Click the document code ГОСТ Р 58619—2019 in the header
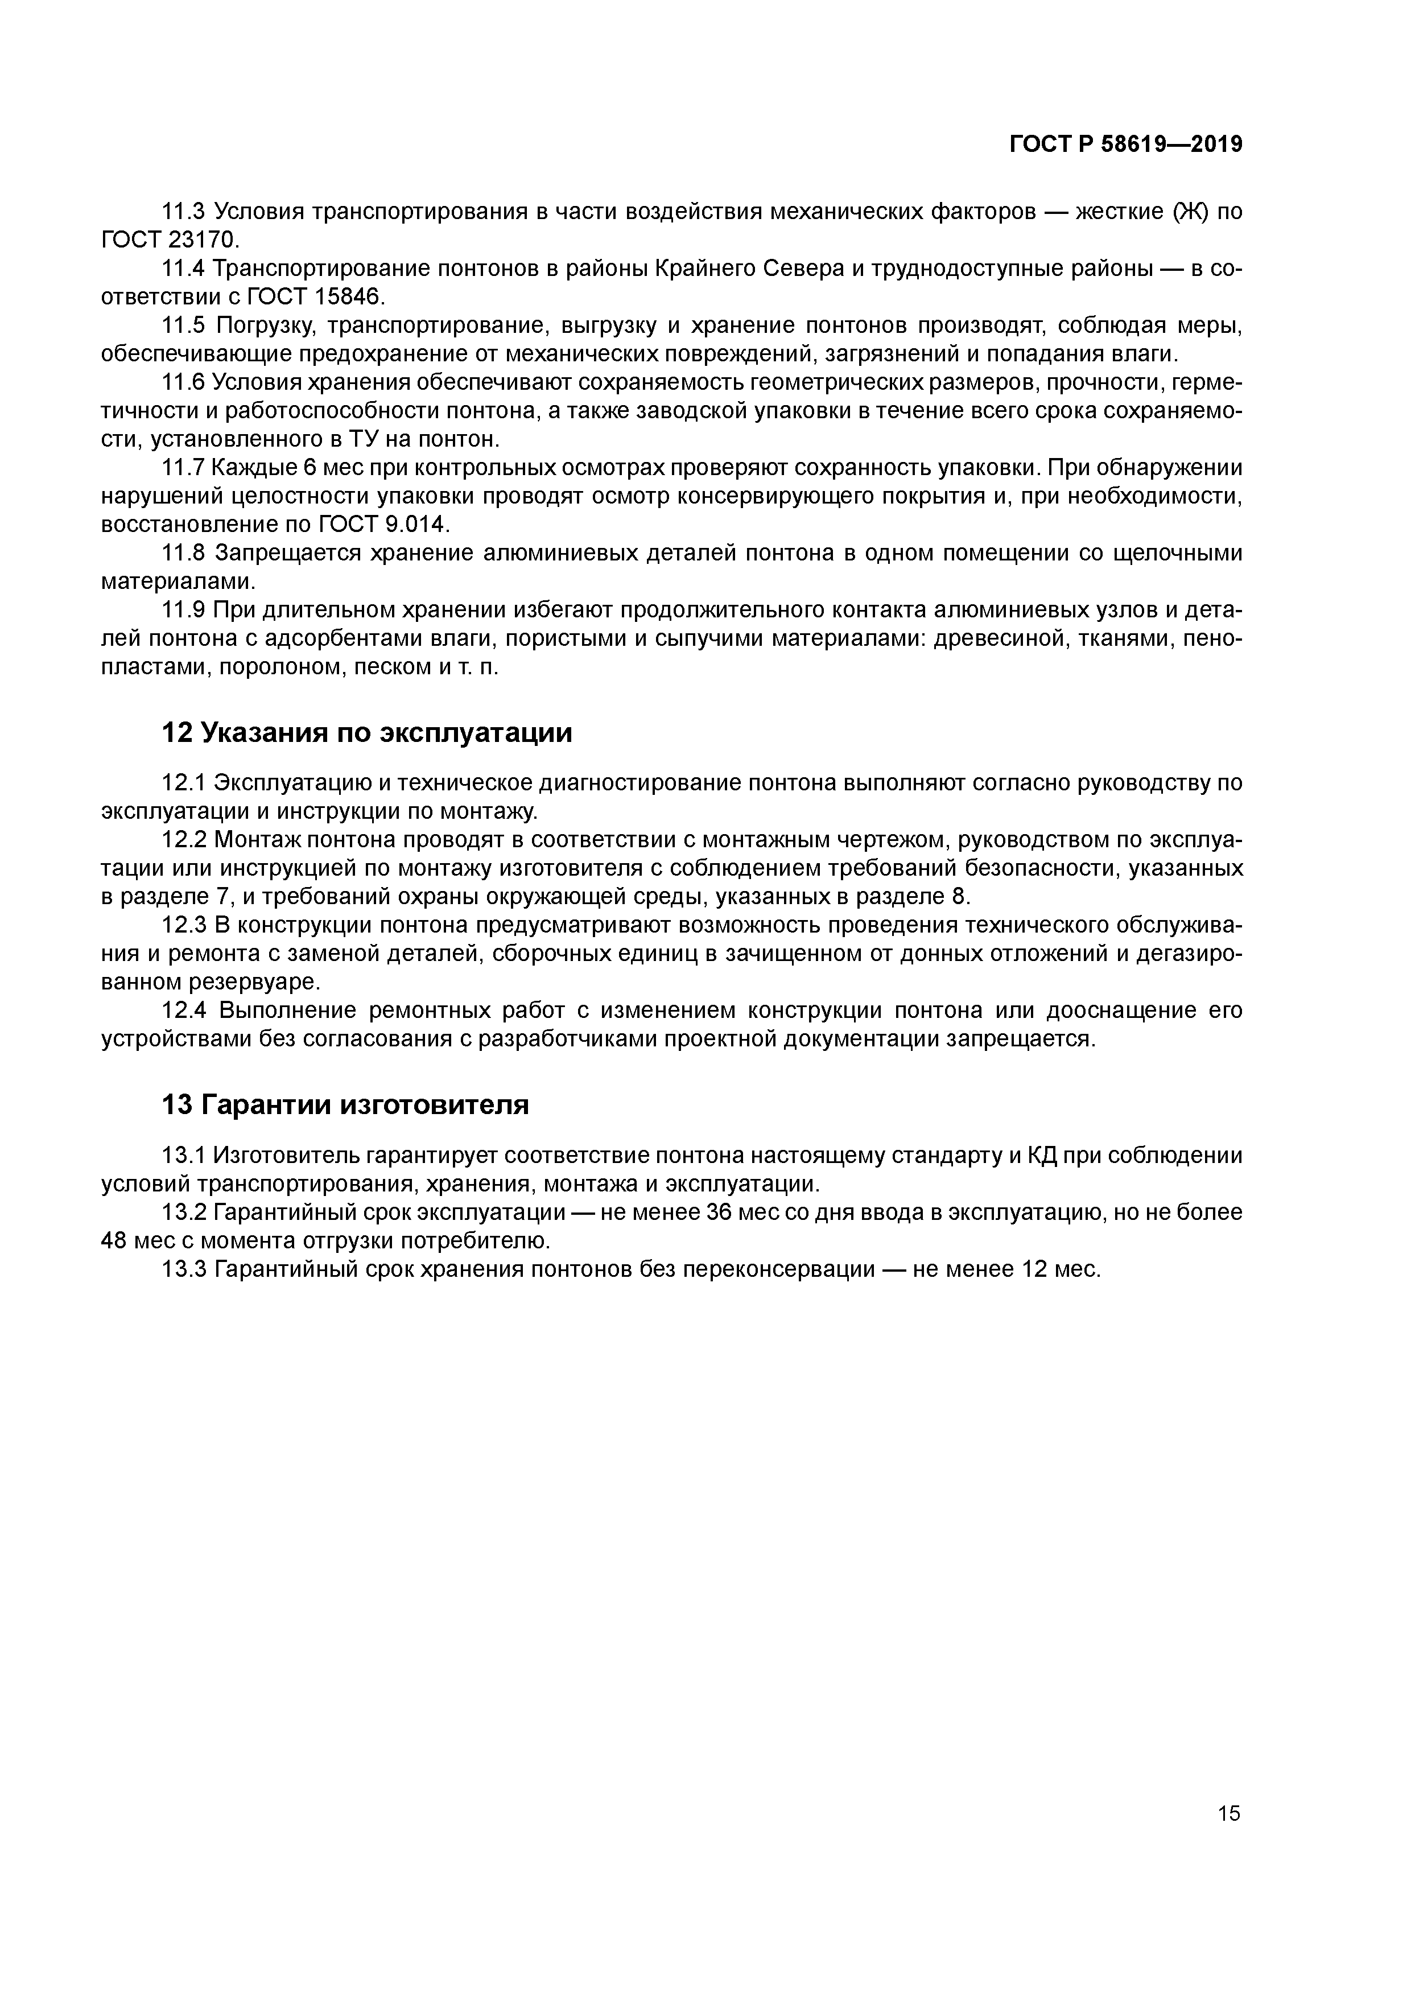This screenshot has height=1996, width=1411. (x=1126, y=145)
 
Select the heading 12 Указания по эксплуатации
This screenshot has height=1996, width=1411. (x=367, y=733)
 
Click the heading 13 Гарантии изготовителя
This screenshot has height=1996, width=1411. (x=345, y=1105)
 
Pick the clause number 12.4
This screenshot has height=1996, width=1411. (x=185, y=1010)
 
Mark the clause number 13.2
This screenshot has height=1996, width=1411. (x=184, y=1212)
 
